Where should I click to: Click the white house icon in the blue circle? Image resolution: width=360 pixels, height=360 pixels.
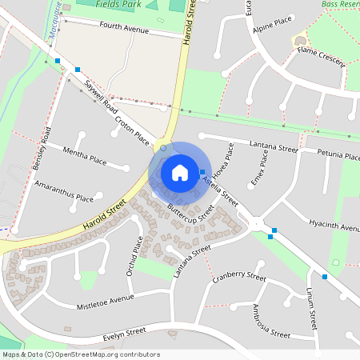tap(180, 172)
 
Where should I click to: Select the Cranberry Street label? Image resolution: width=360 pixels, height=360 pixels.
tap(239, 277)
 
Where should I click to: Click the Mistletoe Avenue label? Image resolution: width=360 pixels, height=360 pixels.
tap(105, 302)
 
